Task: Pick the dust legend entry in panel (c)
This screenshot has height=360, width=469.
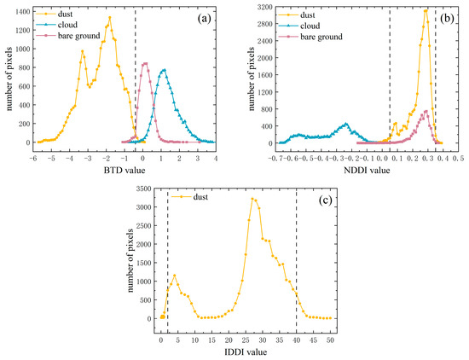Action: coord(192,198)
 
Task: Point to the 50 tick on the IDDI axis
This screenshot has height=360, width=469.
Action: coord(330,328)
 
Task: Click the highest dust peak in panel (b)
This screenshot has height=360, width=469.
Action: coord(426,10)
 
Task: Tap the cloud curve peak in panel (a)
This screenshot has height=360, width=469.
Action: coord(164,70)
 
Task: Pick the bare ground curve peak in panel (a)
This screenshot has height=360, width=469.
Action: coord(144,62)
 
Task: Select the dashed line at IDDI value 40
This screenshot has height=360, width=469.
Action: coord(296,256)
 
